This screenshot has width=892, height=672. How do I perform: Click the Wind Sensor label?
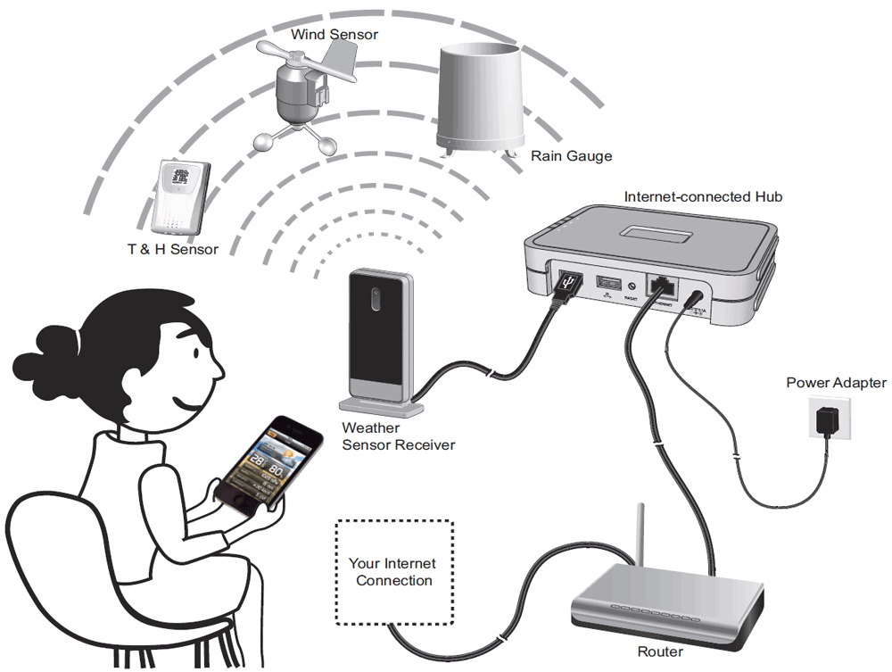point(334,34)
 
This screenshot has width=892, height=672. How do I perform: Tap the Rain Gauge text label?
point(572,156)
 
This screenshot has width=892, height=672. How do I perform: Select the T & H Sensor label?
point(172,249)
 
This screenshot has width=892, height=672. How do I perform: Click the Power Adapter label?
point(836,383)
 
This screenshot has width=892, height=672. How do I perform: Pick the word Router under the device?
point(660,652)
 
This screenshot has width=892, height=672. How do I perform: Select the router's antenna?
point(640,535)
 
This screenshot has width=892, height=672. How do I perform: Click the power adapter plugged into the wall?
point(830,419)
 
